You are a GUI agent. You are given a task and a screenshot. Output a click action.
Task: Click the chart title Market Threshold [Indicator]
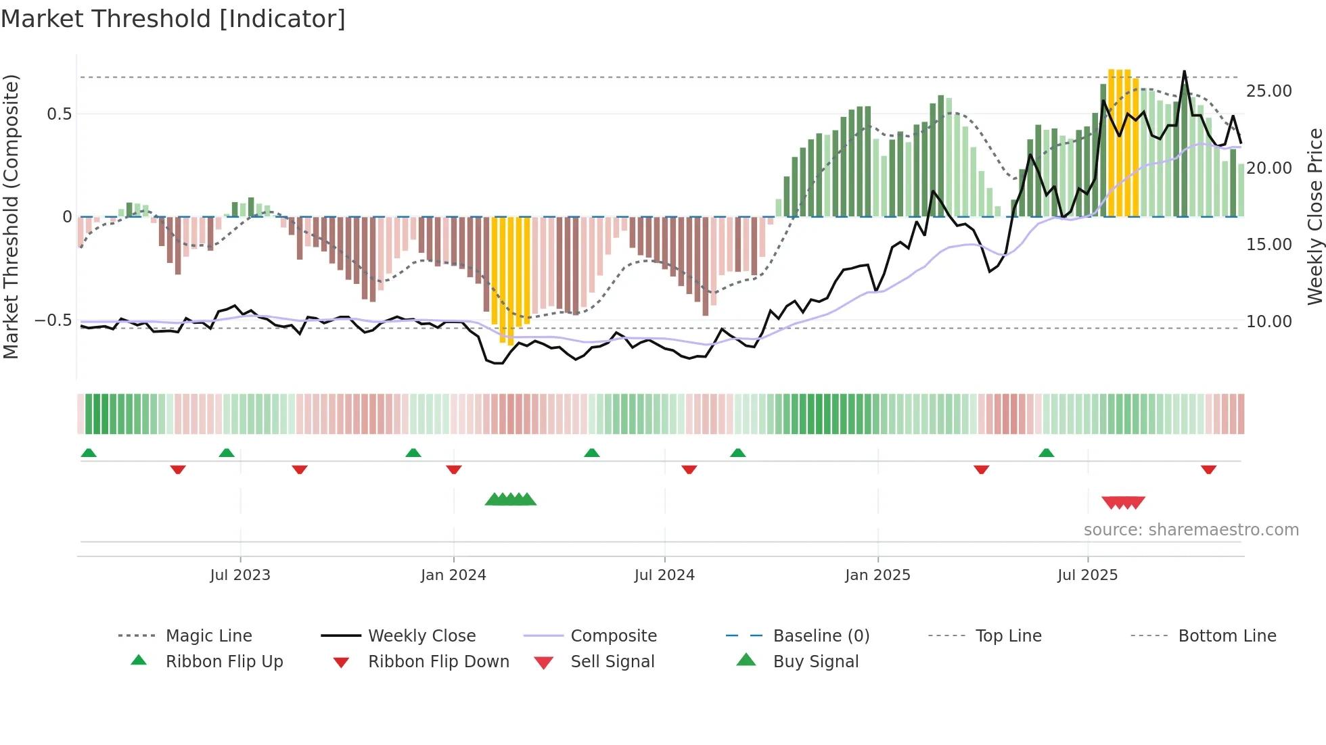173,19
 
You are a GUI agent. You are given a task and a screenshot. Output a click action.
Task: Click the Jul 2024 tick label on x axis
664,575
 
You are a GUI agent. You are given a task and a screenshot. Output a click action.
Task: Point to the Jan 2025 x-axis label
877,575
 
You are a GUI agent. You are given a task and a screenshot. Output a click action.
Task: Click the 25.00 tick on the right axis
1268,91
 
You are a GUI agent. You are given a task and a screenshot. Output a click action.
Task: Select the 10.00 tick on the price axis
1268,322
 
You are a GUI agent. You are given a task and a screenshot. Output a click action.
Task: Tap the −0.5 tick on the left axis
53,320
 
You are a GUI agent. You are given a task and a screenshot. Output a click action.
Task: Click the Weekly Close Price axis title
1314,216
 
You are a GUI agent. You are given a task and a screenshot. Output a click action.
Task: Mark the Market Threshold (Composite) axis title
11,216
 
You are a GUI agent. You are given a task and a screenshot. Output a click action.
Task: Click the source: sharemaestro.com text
1191,530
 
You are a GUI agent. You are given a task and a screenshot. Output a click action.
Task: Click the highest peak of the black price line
1184,72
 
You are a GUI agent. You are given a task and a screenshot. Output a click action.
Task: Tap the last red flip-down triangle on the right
1208,469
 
